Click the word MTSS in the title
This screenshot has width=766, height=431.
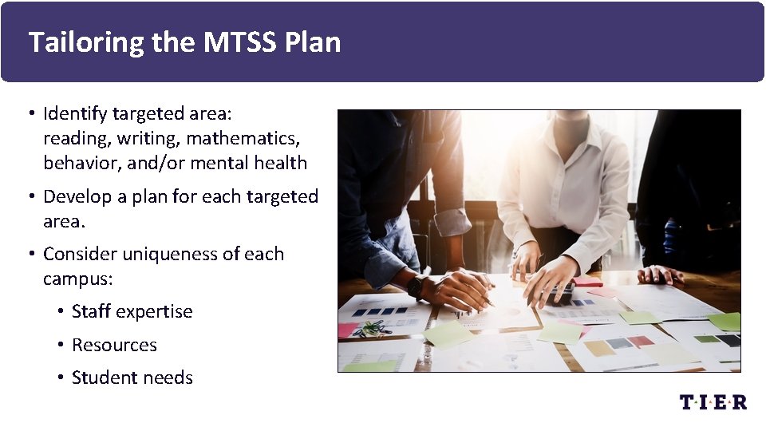237,42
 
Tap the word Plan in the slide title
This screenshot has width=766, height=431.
313,42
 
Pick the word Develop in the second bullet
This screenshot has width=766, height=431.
78,197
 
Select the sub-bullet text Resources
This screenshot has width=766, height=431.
114,346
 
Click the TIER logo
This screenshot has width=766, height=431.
713,401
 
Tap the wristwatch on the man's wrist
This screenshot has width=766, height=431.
415,284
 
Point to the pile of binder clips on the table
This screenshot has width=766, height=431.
372,327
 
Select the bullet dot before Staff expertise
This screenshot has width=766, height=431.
61,312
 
